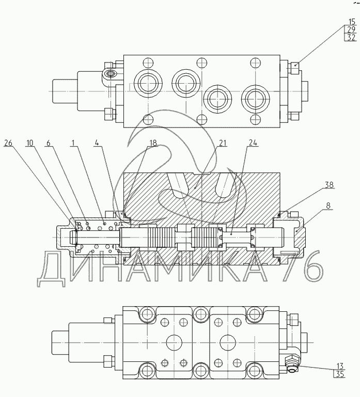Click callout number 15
tap(352, 22)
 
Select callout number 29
tap(351, 29)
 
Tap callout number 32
tap(351, 38)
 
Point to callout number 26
tap(8, 143)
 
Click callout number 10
tap(29, 143)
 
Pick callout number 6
tap(49, 143)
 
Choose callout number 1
tap(73, 143)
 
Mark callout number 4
tap(97, 142)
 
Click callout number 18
tap(153, 143)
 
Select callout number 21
tap(222, 143)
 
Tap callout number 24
tap(253, 143)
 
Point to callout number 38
tap(329, 185)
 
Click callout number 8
tap(328, 205)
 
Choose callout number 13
tap(340, 366)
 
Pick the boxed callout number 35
tap(340, 374)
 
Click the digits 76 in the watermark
tap(303, 266)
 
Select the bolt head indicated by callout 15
tap(294, 68)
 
